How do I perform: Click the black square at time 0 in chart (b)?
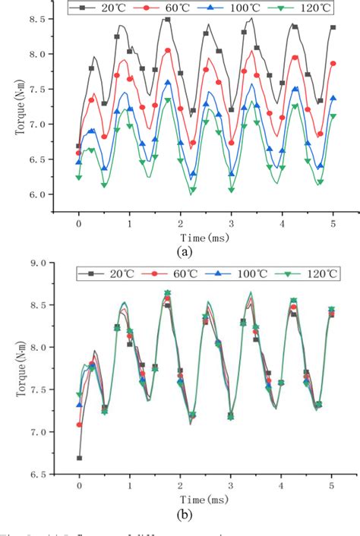point(79,458)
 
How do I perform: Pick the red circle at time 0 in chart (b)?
point(79,425)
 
